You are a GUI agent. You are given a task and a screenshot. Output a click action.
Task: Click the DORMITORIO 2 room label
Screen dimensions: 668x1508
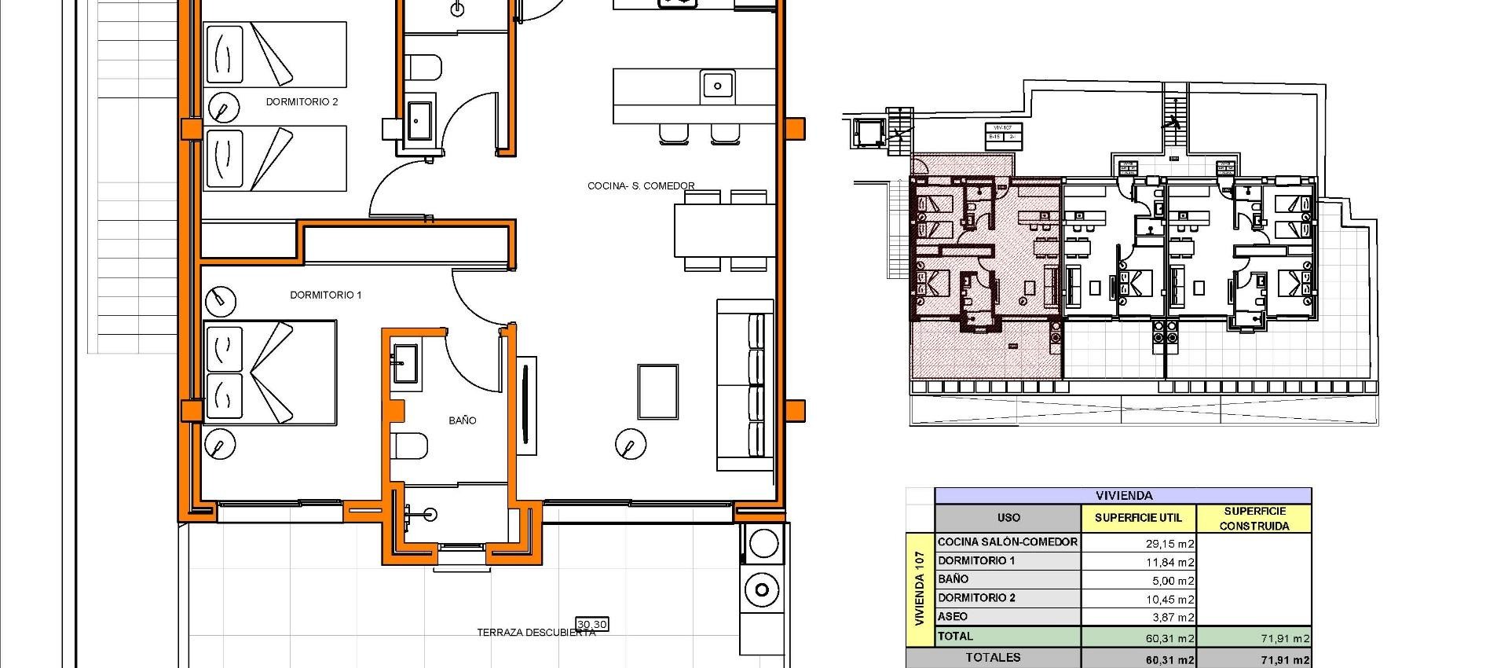(302, 102)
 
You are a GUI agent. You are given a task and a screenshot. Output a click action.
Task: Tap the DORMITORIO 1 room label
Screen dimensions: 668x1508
(326, 295)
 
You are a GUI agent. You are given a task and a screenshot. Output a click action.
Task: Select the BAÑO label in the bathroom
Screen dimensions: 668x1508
(463, 420)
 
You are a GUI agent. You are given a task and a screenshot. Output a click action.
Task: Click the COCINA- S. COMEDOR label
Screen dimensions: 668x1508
(641, 186)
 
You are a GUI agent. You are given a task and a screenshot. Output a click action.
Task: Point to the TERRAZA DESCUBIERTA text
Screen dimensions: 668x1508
(536, 633)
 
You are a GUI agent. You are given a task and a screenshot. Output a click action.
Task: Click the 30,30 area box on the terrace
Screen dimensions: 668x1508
(592, 625)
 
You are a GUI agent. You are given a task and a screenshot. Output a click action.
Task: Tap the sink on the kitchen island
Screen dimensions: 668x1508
(717, 84)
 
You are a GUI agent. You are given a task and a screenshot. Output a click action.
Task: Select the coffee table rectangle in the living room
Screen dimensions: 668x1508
(657, 391)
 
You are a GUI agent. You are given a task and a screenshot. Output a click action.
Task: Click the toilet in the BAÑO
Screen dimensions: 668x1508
(410, 446)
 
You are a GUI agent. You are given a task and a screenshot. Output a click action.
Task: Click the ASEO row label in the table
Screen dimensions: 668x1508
(953, 617)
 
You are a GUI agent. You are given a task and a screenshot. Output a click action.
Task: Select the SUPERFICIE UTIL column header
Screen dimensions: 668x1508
(1137, 518)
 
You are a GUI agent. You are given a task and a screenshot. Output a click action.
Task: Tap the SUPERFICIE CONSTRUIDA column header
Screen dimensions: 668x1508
(1254, 519)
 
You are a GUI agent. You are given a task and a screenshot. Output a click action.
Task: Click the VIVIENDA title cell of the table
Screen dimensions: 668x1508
(1124, 496)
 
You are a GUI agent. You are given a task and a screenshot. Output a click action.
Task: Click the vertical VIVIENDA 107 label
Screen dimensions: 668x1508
(920, 588)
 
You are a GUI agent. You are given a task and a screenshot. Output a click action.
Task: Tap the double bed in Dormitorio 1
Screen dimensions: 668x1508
(269, 373)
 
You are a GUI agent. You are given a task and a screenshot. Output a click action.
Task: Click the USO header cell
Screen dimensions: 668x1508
(1008, 518)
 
